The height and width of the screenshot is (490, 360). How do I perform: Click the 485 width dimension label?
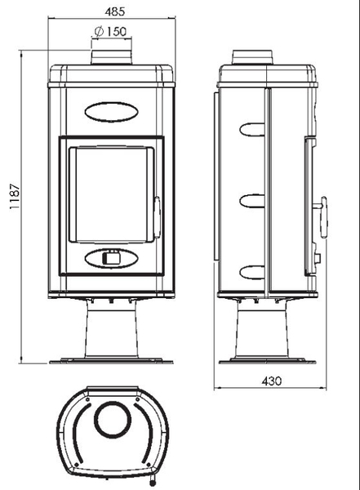[115, 11]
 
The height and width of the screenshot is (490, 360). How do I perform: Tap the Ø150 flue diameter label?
[110, 31]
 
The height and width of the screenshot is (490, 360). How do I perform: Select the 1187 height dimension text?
[15, 196]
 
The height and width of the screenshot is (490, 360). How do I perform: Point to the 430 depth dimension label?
[272, 381]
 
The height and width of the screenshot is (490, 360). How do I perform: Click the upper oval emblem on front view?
[111, 112]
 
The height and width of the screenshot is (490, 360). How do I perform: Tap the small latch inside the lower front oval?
[111, 257]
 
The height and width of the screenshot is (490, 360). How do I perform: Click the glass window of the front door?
[111, 194]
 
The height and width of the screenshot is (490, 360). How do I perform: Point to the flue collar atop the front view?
[111, 56]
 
